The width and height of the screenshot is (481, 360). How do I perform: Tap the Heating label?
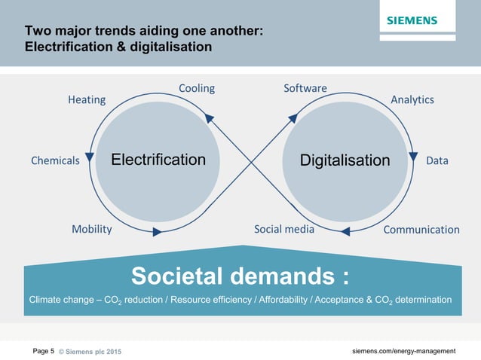click(87, 99)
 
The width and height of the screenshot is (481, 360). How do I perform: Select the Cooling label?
click(197, 88)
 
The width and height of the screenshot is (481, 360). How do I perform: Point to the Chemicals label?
click(55, 160)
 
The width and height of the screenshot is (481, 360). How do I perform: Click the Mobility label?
click(91, 229)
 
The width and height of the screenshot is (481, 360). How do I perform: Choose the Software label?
click(305, 88)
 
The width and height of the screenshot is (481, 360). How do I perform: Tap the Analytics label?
click(412, 99)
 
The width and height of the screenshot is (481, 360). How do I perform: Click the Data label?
click(437, 160)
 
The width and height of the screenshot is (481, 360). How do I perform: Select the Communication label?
click(421, 230)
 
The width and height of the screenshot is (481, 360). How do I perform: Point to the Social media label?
click(284, 229)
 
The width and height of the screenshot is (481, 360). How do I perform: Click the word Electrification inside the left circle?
click(158, 160)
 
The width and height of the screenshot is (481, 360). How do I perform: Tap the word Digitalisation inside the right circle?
click(345, 160)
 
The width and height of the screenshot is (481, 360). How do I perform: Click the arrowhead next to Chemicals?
click(90, 157)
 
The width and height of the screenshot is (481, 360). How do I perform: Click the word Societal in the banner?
click(176, 276)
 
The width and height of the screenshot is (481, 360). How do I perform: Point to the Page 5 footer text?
click(43, 351)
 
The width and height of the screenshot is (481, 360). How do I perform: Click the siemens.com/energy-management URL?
click(404, 351)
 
